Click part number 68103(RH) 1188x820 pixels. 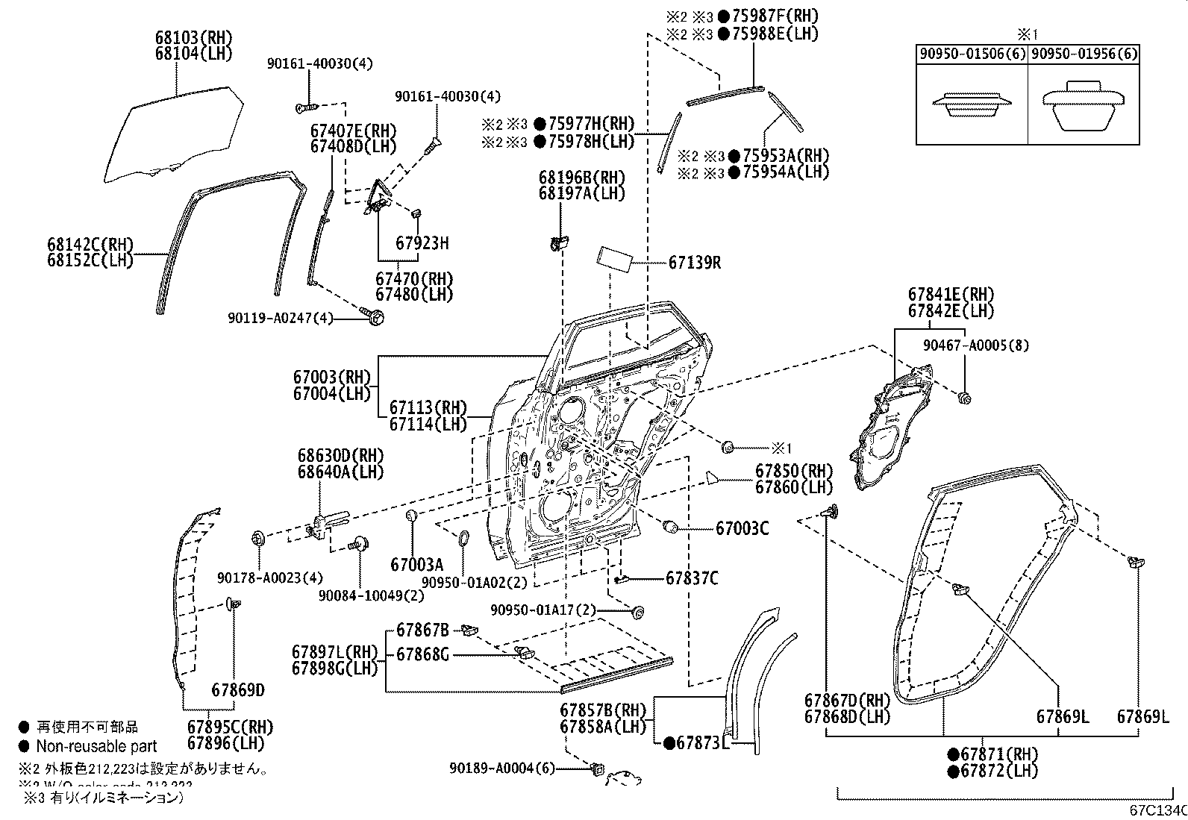pyautogui.click(x=193, y=37)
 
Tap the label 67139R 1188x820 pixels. pyautogui.click(x=694, y=263)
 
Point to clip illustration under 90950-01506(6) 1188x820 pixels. pyautogui.click(x=971, y=104)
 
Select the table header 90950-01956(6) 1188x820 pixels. pyautogui.click(x=1084, y=54)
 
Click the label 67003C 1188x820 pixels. pyautogui.click(x=741, y=528)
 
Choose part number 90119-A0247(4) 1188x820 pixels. pyautogui.click(x=280, y=319)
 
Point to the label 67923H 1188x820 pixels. pyautogui.click(x=422, y=243)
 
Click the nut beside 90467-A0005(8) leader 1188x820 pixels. pyautogui.click(x=965, y=398)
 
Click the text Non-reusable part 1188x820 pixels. pyautogui.click(x=96, y=745)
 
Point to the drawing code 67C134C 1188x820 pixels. pyautogui.click(x=1157, y=810)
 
